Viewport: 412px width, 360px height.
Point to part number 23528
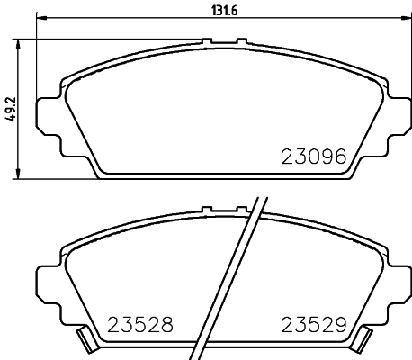click(139, 323)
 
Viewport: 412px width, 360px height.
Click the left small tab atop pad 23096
click(208, 41)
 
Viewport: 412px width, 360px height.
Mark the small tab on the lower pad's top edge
click(208, 210)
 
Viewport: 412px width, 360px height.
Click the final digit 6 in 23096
click(339, 157)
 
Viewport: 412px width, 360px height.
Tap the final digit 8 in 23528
click(166, 323)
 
